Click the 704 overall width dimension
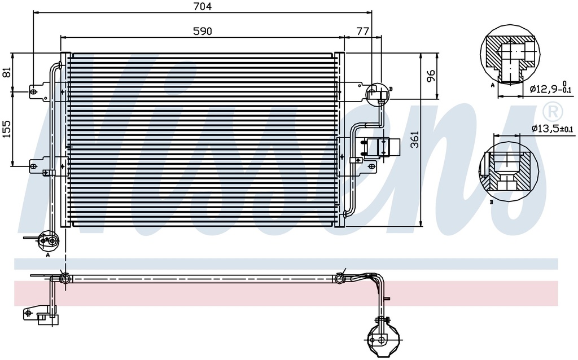click(203, 6)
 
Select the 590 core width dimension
click(203, 32)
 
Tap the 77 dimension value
click(362, 32)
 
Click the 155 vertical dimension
click(7, 129)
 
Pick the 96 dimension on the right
click(431, 76)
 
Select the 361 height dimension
click(415, 139)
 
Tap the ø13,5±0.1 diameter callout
click(552, 128)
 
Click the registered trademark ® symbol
click(553, 111)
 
